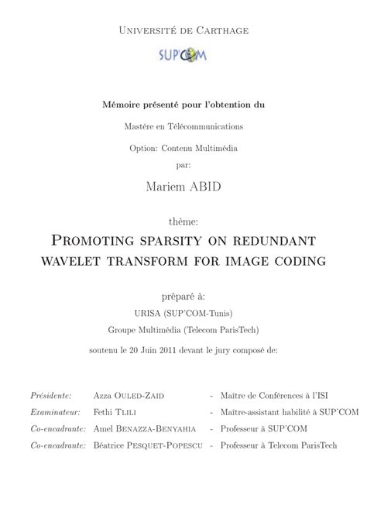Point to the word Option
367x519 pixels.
(143, 148)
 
